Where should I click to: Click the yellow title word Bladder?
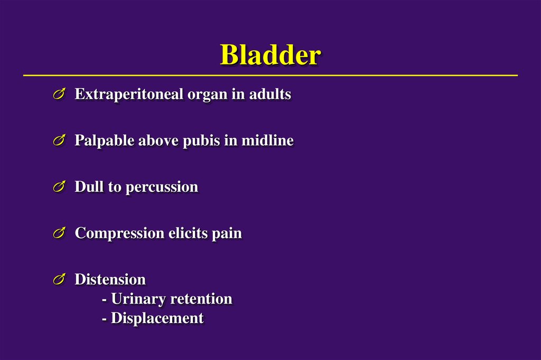pos(270,55)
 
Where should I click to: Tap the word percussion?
pos(162,187)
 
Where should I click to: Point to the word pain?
pos(227,233)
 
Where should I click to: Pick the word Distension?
pos(110,279)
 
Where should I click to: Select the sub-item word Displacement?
pos(157,319)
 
